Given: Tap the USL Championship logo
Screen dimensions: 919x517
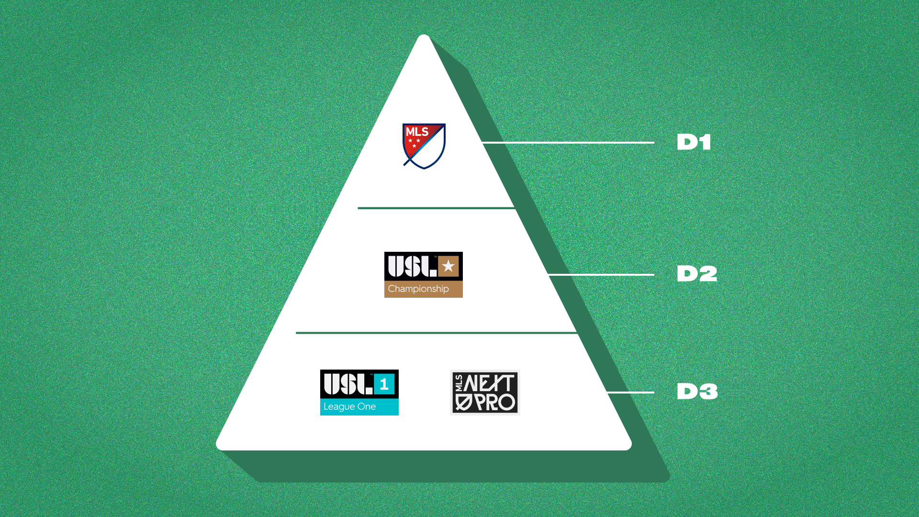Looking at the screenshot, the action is click(x=423, y=274).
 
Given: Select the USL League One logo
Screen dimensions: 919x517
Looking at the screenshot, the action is click(x=359, y=392).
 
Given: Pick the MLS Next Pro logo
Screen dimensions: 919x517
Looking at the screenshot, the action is click(x=485, y=392).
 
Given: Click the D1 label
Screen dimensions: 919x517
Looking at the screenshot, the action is click(x=694, y=142).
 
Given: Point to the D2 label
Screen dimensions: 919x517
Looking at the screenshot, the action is click(x=697, y=274).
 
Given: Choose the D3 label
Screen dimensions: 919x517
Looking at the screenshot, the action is click(x=697, y=392).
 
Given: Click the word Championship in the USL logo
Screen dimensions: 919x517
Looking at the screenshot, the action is click(x=418, y=289).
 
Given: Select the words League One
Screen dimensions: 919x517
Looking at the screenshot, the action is click(x=349, y=407).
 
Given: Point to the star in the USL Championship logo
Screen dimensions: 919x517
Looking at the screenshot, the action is click(x=448, y=266).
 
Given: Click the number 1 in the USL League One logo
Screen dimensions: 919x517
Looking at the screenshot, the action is click(x=384, y=384).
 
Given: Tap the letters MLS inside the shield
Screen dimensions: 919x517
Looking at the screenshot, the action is click(x=417, y=132).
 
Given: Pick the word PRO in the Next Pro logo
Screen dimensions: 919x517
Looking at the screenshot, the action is click(x=495, y=403).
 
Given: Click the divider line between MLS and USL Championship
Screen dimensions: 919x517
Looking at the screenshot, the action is click(x=436, y=208).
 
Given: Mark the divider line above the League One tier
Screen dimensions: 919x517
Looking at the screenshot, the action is click(x=436, y=333).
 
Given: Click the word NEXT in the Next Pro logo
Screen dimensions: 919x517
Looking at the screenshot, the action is click(x=489, y=383).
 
